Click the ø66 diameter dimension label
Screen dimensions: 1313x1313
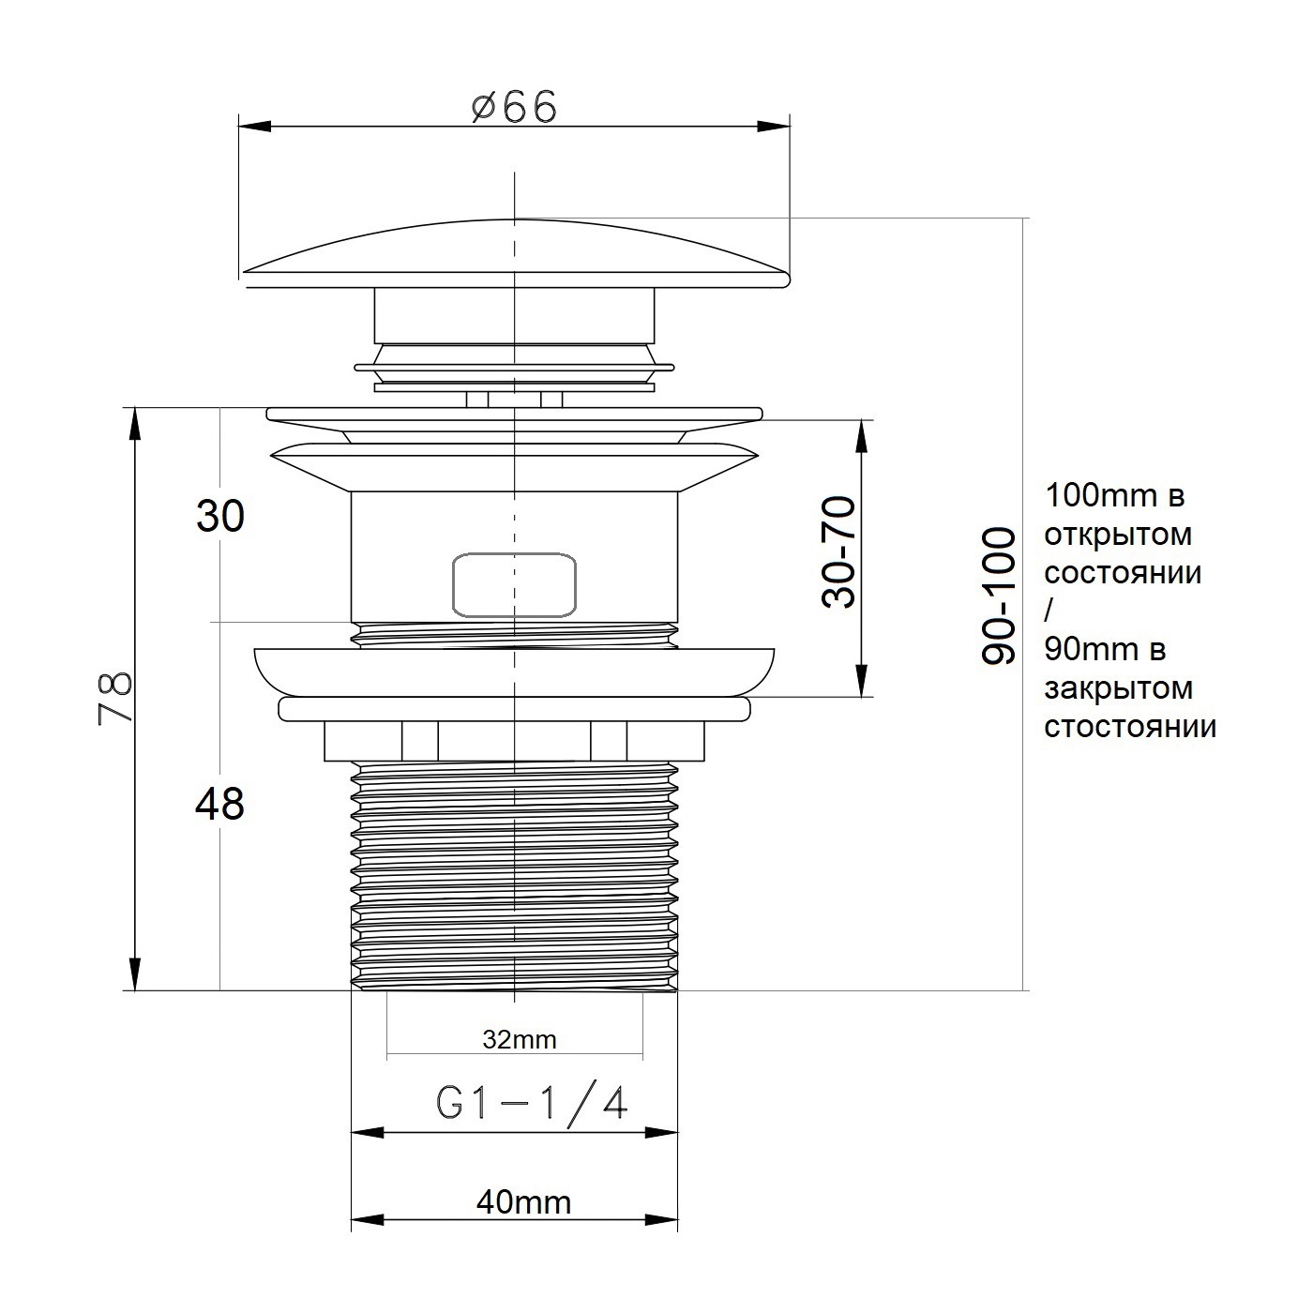(x=515, y=108)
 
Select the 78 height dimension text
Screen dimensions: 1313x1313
(x=115, y=698)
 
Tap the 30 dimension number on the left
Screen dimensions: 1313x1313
(x=220, y=516)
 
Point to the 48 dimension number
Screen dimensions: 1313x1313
(x=219, y=804)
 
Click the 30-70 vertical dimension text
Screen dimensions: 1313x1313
(x=838, y=551)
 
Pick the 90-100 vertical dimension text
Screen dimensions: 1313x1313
(x=998, y=596)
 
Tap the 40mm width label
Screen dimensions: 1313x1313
(x=523, y=1203)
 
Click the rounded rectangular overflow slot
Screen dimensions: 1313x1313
(x=515, y=585)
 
